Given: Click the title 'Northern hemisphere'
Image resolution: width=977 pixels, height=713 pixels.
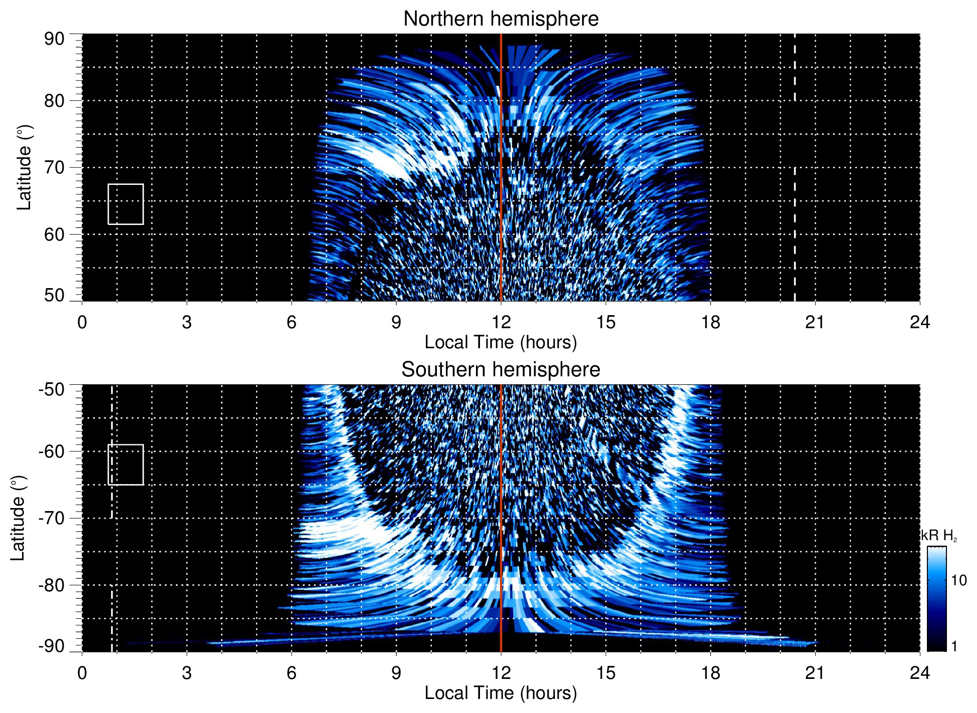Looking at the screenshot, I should tap(501, 19).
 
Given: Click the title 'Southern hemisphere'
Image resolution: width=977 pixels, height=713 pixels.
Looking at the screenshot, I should tap(501, 370).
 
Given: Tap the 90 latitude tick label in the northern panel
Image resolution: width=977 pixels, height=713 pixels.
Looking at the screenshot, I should tap(54, 39).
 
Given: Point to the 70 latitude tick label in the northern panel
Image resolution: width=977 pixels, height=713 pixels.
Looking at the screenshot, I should tap(54, 167).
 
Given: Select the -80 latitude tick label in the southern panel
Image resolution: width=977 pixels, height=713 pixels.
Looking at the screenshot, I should tap(52, 585).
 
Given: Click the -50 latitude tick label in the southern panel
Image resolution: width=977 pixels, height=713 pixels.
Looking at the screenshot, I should tap(52, 389).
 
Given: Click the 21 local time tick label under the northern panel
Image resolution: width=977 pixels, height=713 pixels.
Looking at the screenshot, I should tap(815, 322).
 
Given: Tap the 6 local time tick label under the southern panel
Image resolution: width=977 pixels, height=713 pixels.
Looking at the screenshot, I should tap(291, 673).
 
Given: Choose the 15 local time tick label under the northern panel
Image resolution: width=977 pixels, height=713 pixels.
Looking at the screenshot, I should tap(605, 322).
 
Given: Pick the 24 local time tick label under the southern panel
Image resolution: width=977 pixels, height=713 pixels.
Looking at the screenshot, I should tap(919, 673).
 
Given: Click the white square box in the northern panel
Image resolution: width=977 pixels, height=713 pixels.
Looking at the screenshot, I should tap(126, 204).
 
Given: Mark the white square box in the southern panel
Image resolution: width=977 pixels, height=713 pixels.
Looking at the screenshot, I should tap(126, 464).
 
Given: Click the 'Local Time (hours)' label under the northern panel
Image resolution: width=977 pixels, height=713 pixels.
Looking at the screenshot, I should tap(501, 342).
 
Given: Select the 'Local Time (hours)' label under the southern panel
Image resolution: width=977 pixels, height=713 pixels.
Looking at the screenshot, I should tap(501, 693).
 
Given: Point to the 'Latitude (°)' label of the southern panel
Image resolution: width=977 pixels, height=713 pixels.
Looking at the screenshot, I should tap(18, 518).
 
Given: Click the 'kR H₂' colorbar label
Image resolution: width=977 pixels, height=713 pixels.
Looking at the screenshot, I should tap(938, 536).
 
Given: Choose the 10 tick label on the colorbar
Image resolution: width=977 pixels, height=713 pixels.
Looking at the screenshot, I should tap(958, 580).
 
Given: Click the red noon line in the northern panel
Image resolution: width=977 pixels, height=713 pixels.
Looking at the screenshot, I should tap(501, 150).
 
